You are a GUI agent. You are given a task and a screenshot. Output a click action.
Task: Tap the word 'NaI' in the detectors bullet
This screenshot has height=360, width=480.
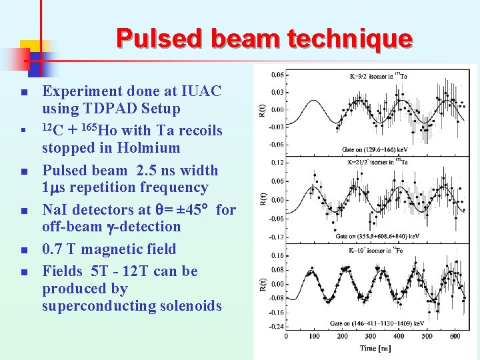(55, 210)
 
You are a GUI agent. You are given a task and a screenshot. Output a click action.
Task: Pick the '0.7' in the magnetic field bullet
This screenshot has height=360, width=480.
(54, 249)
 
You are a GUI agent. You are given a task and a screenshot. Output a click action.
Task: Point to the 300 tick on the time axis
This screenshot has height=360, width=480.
(371, 336)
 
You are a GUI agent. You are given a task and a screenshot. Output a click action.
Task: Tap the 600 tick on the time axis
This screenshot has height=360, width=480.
(455, 336)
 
